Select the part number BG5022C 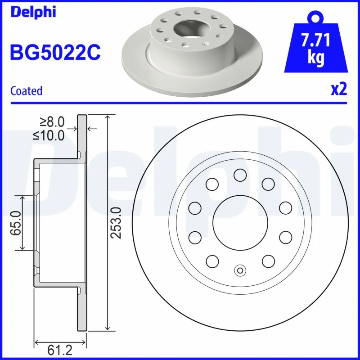pos(55,53)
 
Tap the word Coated pos(26,91)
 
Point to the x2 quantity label pos(339,90)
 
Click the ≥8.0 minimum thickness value pos(53,121)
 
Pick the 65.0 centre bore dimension pos(17,223)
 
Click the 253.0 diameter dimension pos(117,223)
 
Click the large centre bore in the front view pos(240,222)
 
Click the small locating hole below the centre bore pos(240,270)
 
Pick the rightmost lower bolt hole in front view pos(286,237)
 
